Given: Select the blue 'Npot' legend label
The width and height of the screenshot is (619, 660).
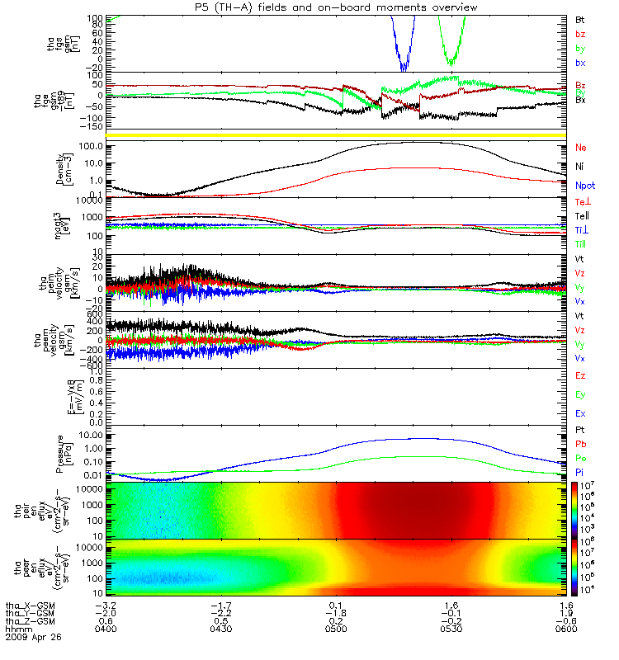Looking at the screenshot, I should click(x=584, y=186).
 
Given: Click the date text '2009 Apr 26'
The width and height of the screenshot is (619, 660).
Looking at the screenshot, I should click(x=33, y=638).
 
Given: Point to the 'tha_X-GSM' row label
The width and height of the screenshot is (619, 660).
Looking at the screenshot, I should click(x=29, y=605).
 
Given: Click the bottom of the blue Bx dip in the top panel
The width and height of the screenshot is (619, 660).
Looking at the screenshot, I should click(x=404, y=68).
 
